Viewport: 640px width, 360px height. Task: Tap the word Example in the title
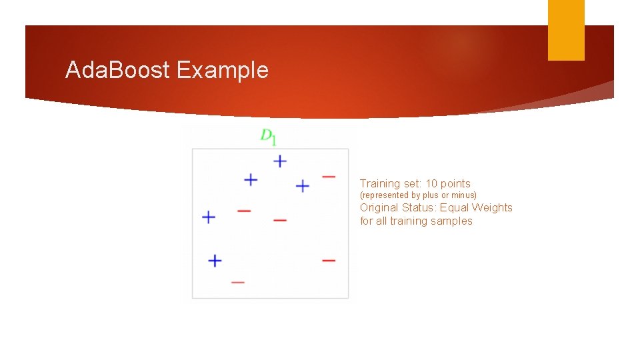[x=223, y=70]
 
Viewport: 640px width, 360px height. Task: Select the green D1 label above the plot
[x=269, y=137]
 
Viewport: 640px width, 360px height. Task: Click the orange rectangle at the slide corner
[x=566, y=29]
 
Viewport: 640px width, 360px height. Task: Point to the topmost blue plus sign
[x=280, y=161]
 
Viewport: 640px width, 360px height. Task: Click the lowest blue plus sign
[x=215, y=261]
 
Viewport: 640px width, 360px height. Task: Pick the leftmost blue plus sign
[x=209, y=217]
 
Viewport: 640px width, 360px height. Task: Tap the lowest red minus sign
[x=238, y=282]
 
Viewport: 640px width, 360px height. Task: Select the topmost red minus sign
[x=329, y=177]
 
